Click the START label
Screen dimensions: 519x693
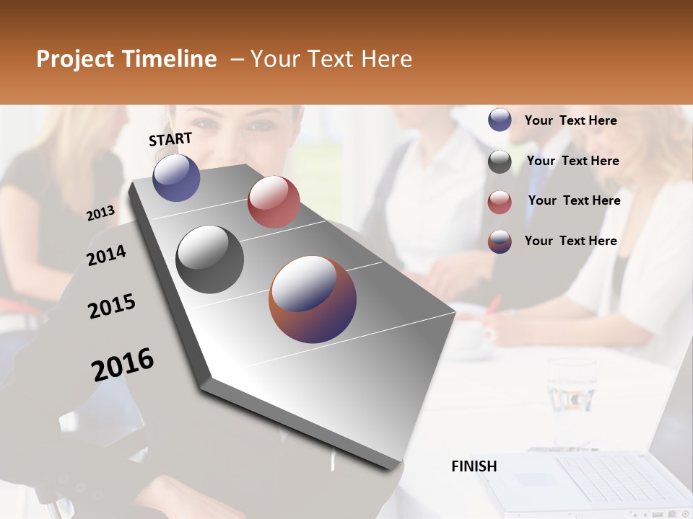click(x=170, y=139)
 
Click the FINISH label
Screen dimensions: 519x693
click(x=474, y=466)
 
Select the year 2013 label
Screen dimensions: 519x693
click(x=100, y=213)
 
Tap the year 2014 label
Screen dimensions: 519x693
click(x=106, y=256)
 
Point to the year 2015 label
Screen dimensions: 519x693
click(x=112, y=306)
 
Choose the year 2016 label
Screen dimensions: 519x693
click(x=123, y=365)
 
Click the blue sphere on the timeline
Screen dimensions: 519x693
click(x=176, y=178)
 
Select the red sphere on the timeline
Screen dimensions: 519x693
click(x=274, y=202)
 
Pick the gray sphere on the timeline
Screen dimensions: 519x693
click(x=209, y=259)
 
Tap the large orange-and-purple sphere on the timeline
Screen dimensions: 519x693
click(x=313, y=299)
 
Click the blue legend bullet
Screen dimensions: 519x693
click(x=500, y=120)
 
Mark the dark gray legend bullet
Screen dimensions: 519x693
click(x=500, y=161)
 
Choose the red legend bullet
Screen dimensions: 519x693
click(x=500, y=201)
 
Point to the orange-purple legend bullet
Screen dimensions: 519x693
click(x=500, y=241)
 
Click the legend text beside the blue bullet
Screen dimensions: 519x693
click(x=570, y=120)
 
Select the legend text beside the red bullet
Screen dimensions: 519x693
click(x=574, y=200)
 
